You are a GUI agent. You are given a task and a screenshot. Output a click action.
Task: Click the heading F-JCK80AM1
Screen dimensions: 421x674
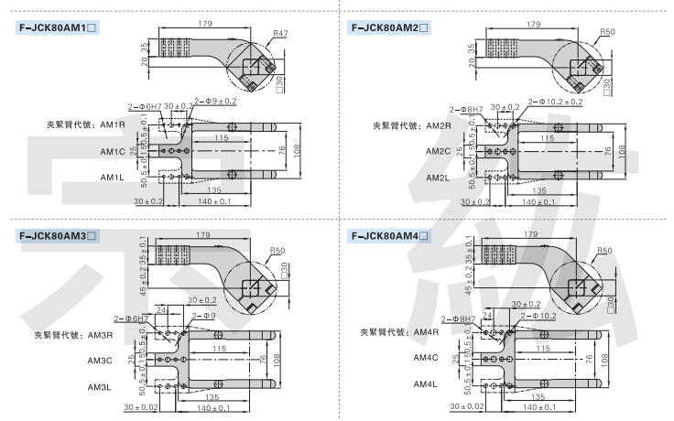click(x=57, y=27)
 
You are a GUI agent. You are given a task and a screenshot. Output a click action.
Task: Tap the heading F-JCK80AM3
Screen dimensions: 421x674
click(x=57, y=237)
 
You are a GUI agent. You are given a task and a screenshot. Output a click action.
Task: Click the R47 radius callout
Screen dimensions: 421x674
click(x=279, y=34)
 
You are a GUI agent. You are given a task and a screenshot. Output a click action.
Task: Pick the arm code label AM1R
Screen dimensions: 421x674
click(x=112, y=124)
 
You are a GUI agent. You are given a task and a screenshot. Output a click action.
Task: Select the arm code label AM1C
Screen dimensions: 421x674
click(x=112, y=151)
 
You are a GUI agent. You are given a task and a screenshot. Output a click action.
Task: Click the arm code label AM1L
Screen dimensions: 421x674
click(x=112, y=177)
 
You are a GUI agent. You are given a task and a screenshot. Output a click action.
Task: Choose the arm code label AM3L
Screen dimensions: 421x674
click(x=99, y=387)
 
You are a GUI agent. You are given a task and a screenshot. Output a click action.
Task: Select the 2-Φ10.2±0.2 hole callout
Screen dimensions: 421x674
click(x=551, y=102)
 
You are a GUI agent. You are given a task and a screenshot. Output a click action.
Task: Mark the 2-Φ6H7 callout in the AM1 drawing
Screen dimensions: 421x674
click(x=145, y=107)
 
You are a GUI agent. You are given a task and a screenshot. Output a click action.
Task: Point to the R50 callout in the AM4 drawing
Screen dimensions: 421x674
click(x=603, y=250)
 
